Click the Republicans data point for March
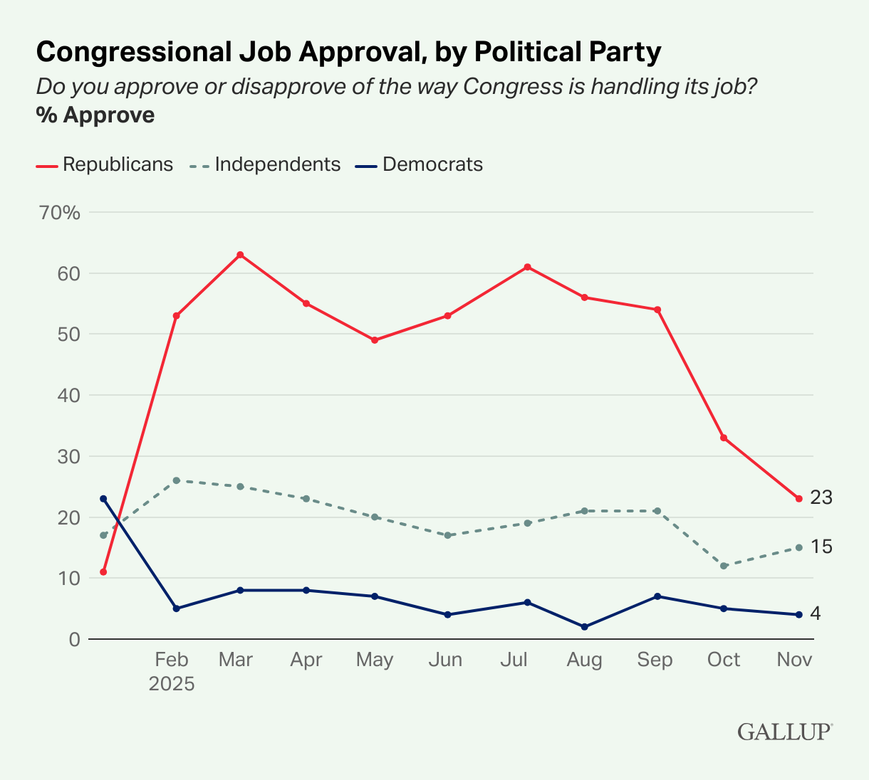coord(240,255)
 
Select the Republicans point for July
coord(527,267)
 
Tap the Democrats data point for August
coord(585,627)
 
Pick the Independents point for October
coord(724,566)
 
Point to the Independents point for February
coord(176,480)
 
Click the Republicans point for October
coord(724,438)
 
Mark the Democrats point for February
coord(176,608)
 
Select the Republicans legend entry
coord(105,164)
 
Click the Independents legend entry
coord(265,164)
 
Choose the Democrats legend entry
coord(419,164)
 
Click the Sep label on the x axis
coord(655,660)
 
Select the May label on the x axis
coord(375,660)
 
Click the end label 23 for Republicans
coord(821,497)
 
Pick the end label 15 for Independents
coord(821,547)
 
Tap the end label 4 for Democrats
coord(816,613)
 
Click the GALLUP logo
coord(785,732)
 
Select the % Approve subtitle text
coord(95,115)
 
